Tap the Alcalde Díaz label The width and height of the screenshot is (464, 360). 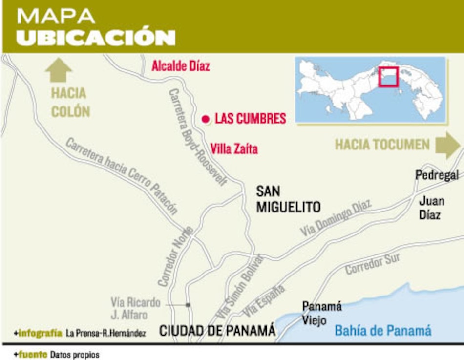point(181,66)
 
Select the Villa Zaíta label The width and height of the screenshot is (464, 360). point(234,149)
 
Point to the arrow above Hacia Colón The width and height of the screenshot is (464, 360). point(59,70)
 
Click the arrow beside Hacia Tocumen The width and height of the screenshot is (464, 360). point(447,145)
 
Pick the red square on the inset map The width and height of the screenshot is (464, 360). point(389,77)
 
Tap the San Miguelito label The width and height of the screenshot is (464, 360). point(288,199)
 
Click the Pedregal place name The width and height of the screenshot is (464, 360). point(437,175)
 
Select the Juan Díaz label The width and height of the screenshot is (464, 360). point(432,208)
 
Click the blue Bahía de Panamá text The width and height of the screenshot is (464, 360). point(383,331)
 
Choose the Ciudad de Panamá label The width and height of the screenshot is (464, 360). point(217,331)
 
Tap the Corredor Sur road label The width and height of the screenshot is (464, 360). point(372,264)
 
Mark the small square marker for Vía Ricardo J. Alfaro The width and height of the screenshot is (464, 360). point(188,305)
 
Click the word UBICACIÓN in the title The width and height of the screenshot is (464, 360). point(96,38)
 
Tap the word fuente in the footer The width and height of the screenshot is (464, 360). point(33,355)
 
